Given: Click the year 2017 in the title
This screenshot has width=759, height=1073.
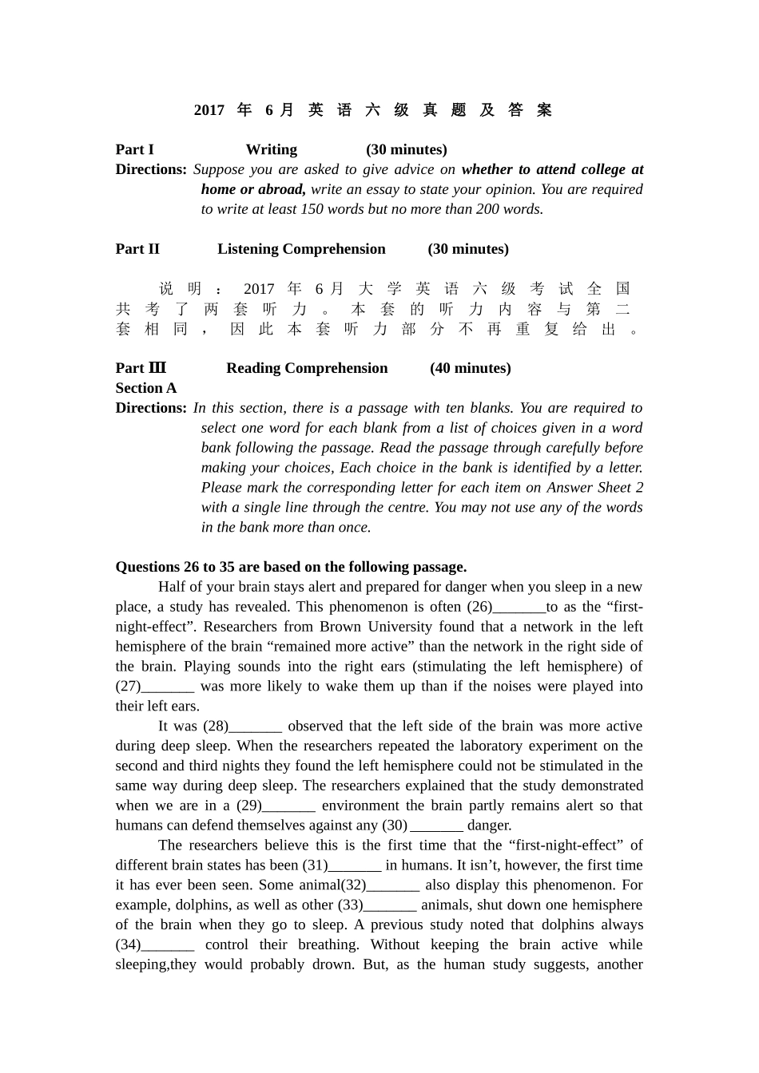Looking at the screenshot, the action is (x=209, y=110).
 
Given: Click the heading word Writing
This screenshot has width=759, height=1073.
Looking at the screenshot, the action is (x=271, y=149).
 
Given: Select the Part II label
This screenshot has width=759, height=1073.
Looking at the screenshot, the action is (x=137, y=249).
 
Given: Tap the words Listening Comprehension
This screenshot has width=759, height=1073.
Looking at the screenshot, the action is (x=301, y=249).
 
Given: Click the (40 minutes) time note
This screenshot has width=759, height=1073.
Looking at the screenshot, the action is (x=470, y=368).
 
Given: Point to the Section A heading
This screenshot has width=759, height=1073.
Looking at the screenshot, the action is (x=146, y=388).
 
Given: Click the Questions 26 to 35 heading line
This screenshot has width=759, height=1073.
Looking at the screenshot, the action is (x=291, y=567).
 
